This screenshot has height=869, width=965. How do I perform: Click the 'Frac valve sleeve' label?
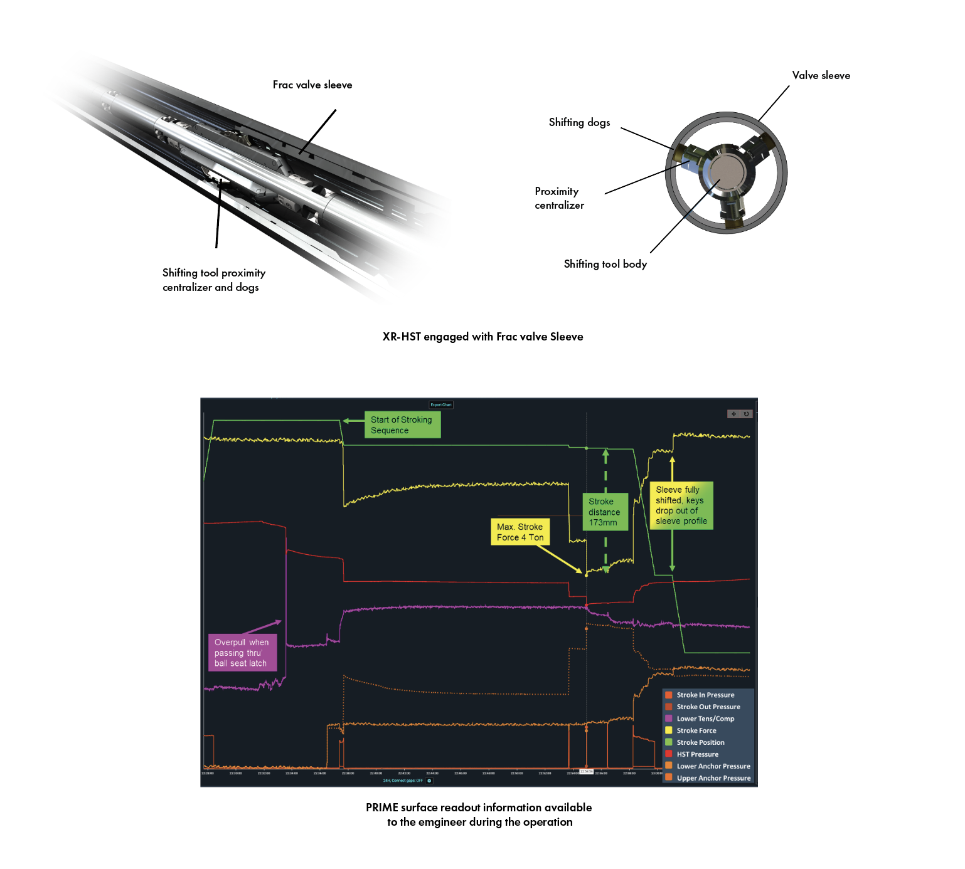point(312,85)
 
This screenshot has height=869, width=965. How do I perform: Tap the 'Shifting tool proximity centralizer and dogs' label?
point(213,280)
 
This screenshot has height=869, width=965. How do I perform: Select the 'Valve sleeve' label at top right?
point(821,75)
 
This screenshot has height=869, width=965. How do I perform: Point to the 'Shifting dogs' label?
point(579,122)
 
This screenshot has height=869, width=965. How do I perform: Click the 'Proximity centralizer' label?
point(559,198)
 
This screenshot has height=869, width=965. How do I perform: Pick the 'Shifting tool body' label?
point(605,264)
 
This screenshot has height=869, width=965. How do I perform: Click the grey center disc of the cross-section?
point(727,172)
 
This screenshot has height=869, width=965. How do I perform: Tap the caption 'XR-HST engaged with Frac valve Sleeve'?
point(482,337)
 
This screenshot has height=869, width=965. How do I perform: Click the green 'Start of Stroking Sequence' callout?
point(402,425)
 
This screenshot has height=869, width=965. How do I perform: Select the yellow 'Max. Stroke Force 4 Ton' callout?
point(520,532)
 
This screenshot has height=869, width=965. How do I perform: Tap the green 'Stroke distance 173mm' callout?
point(604,512)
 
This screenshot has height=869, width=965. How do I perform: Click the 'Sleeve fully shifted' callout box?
point(681,505)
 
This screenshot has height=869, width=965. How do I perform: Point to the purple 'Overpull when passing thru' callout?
point(242,653)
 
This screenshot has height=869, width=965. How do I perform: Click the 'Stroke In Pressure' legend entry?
point(705,695)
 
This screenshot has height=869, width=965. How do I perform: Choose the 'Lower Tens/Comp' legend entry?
point(705,719)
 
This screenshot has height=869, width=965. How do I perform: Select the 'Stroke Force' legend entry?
point(696,730)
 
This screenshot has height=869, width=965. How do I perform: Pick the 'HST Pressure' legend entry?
point(697,754)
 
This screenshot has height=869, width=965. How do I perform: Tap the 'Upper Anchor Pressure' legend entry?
point(713,778)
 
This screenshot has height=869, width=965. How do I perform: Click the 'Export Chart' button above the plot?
point(441,405)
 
